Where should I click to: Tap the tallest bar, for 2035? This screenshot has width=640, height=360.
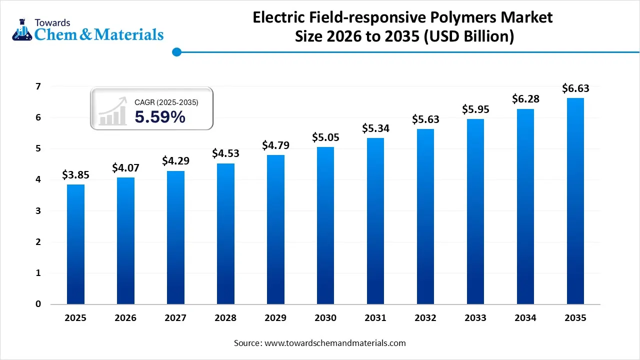(x=575, y=201)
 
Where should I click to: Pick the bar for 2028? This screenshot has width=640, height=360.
(x=225, y=233)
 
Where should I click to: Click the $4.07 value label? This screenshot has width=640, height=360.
(x=125, y=167)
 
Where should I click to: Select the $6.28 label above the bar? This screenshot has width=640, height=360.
(x=525, y=99)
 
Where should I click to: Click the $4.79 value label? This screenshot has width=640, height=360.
(x=275, y=145)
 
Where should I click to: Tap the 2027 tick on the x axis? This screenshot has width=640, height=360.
(x=175, y=318)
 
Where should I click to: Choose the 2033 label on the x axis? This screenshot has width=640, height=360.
(x=475, y=318)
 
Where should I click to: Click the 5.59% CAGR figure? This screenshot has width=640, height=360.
(x=160, y=117)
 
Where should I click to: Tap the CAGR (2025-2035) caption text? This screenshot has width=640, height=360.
(x=166, y=102)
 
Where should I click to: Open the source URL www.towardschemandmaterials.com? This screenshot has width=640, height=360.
(x=334, y=343)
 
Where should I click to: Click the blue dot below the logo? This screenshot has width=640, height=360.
(x=176, y=51)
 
